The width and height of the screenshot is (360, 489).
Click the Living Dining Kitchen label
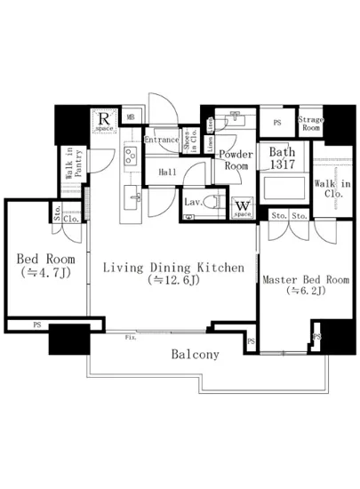(170, 266)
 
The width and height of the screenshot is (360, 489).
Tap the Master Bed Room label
(305, 279)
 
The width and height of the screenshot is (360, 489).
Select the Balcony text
(195, 354)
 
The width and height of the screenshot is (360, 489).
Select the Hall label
(166, 172)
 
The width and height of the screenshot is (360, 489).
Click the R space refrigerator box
(105, 119)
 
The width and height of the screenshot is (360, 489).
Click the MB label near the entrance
(130, 116)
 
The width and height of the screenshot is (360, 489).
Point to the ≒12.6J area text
(170, 281)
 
